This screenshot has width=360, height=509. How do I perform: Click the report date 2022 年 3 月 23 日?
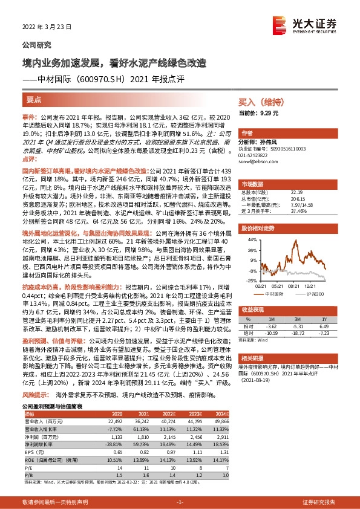click(x=47, y=27)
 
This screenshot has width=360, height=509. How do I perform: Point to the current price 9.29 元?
click(x=267, y=112)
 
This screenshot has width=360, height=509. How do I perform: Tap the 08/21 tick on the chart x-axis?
click(x=295, y=269)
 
